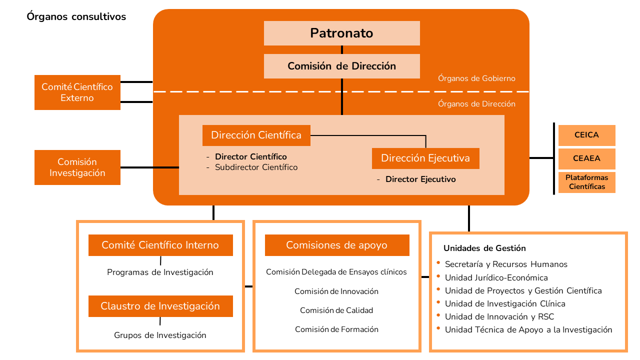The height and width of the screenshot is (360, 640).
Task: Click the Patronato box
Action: [x=341, y=33]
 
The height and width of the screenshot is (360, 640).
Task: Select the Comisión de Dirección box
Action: [x=341, y=66]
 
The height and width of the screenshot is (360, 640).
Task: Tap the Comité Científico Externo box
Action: [x=77, y=92]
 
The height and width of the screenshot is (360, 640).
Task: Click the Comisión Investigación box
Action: [x=77, y=167]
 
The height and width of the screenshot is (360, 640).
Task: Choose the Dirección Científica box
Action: [x=256, y=135]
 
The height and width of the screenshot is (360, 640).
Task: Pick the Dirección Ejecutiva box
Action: [x=425, y=158]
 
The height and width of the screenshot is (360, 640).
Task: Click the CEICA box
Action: [x=586, y=135]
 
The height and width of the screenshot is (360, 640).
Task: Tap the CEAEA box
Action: [x=586, y=158]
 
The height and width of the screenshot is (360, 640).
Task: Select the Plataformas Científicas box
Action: [x=586, y=182]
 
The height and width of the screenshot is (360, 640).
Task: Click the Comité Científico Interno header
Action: [x=160, y=245]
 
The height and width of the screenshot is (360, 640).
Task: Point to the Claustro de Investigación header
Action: [x=160, y=306]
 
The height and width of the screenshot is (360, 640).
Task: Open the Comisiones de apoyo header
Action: [x=336, y=245]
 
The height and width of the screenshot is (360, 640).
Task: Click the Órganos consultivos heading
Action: [x=76, y=17]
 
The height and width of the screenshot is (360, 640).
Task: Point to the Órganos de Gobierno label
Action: [x=476, y=78]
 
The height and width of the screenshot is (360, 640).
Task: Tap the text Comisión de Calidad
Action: [x=336, y=310]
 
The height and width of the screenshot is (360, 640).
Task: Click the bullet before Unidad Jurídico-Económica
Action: [x=438, y=276]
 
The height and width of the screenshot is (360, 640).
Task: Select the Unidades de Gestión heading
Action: [x=484, y=248]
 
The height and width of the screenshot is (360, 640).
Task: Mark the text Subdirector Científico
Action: [x=256, y=167]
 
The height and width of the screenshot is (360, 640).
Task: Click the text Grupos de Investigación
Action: [x=160, y=335]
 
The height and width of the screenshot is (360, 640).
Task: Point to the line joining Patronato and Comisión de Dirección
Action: [x=342, y=50]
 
